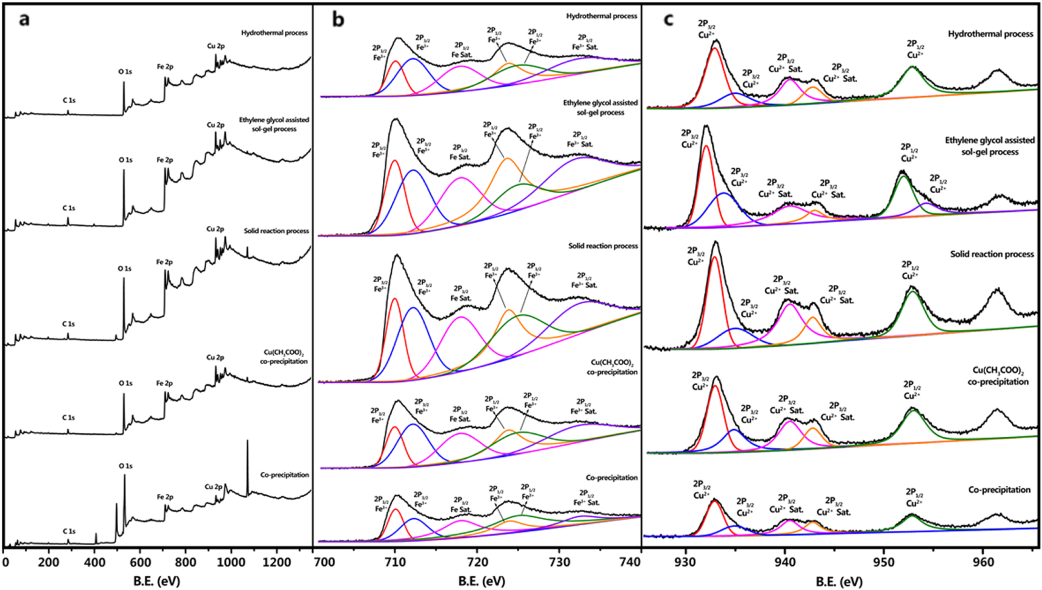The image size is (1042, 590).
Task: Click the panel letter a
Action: [x=24, y=20]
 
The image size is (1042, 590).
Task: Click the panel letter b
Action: [x=337, y=20]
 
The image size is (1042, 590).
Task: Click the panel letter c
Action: [x=668, y=19]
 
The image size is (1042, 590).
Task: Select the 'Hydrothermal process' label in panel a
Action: [x=274, y=33]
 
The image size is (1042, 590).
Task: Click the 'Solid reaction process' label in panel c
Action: [x=992, y=254]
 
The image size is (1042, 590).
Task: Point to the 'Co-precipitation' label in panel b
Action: [x=611, y=477]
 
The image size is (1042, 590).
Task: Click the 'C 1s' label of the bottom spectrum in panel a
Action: [x=68, y=531]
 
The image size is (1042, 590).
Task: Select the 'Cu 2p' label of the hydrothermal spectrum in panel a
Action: [x=215, y=46]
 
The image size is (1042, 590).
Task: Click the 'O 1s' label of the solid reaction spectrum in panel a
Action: [x=125, y=269]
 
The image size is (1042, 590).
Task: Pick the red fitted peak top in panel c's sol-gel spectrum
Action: [x=706, y=146]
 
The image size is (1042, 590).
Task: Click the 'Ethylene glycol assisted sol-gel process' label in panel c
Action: [x=989, y=146]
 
